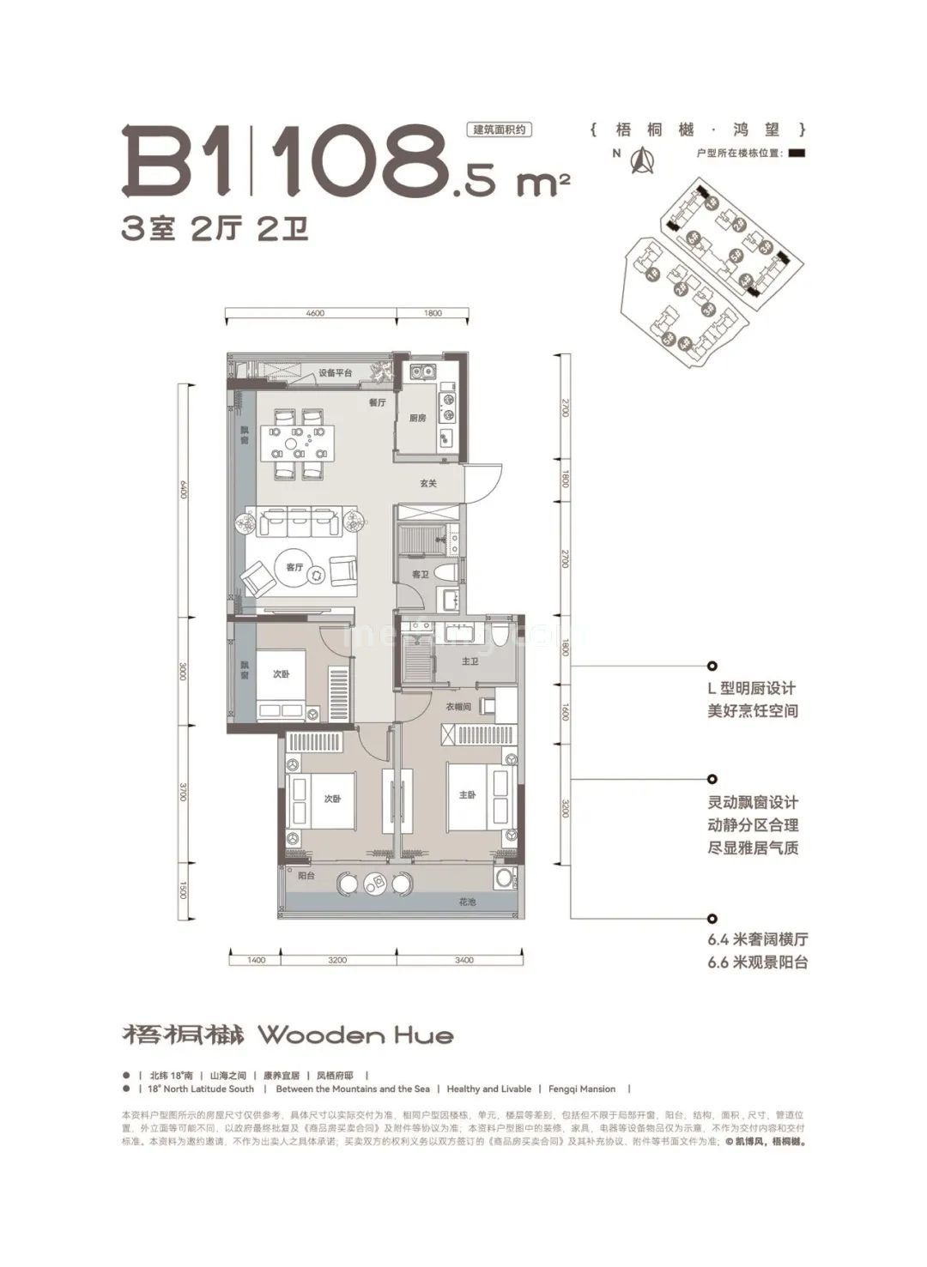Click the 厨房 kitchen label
(417, 419)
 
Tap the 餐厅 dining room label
(378, 401)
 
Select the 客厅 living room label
(294, 567)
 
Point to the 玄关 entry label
(428, 484)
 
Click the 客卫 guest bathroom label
(420, 575)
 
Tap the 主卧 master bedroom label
(467, 795)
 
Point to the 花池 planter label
(467, 902)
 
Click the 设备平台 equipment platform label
(336, 373)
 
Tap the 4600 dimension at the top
(314, 314)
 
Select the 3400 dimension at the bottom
(463, 960)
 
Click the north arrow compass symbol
(639, 160)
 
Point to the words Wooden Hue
(355, 1035)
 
